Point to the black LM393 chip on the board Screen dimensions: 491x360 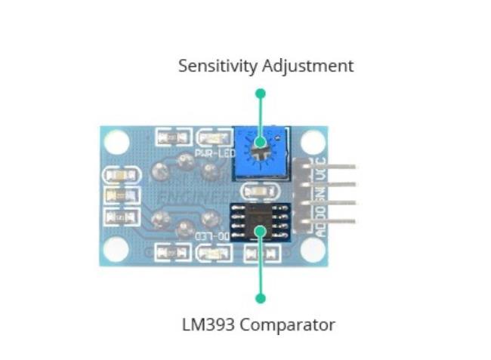(x=261, y=220)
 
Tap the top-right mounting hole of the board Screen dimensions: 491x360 (x=312, y=141)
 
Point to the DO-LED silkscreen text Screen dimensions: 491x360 (x=214, y=235)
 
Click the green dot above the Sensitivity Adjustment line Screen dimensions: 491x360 (x=261, y=94)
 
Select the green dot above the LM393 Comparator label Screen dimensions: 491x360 (x=261, y=298)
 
